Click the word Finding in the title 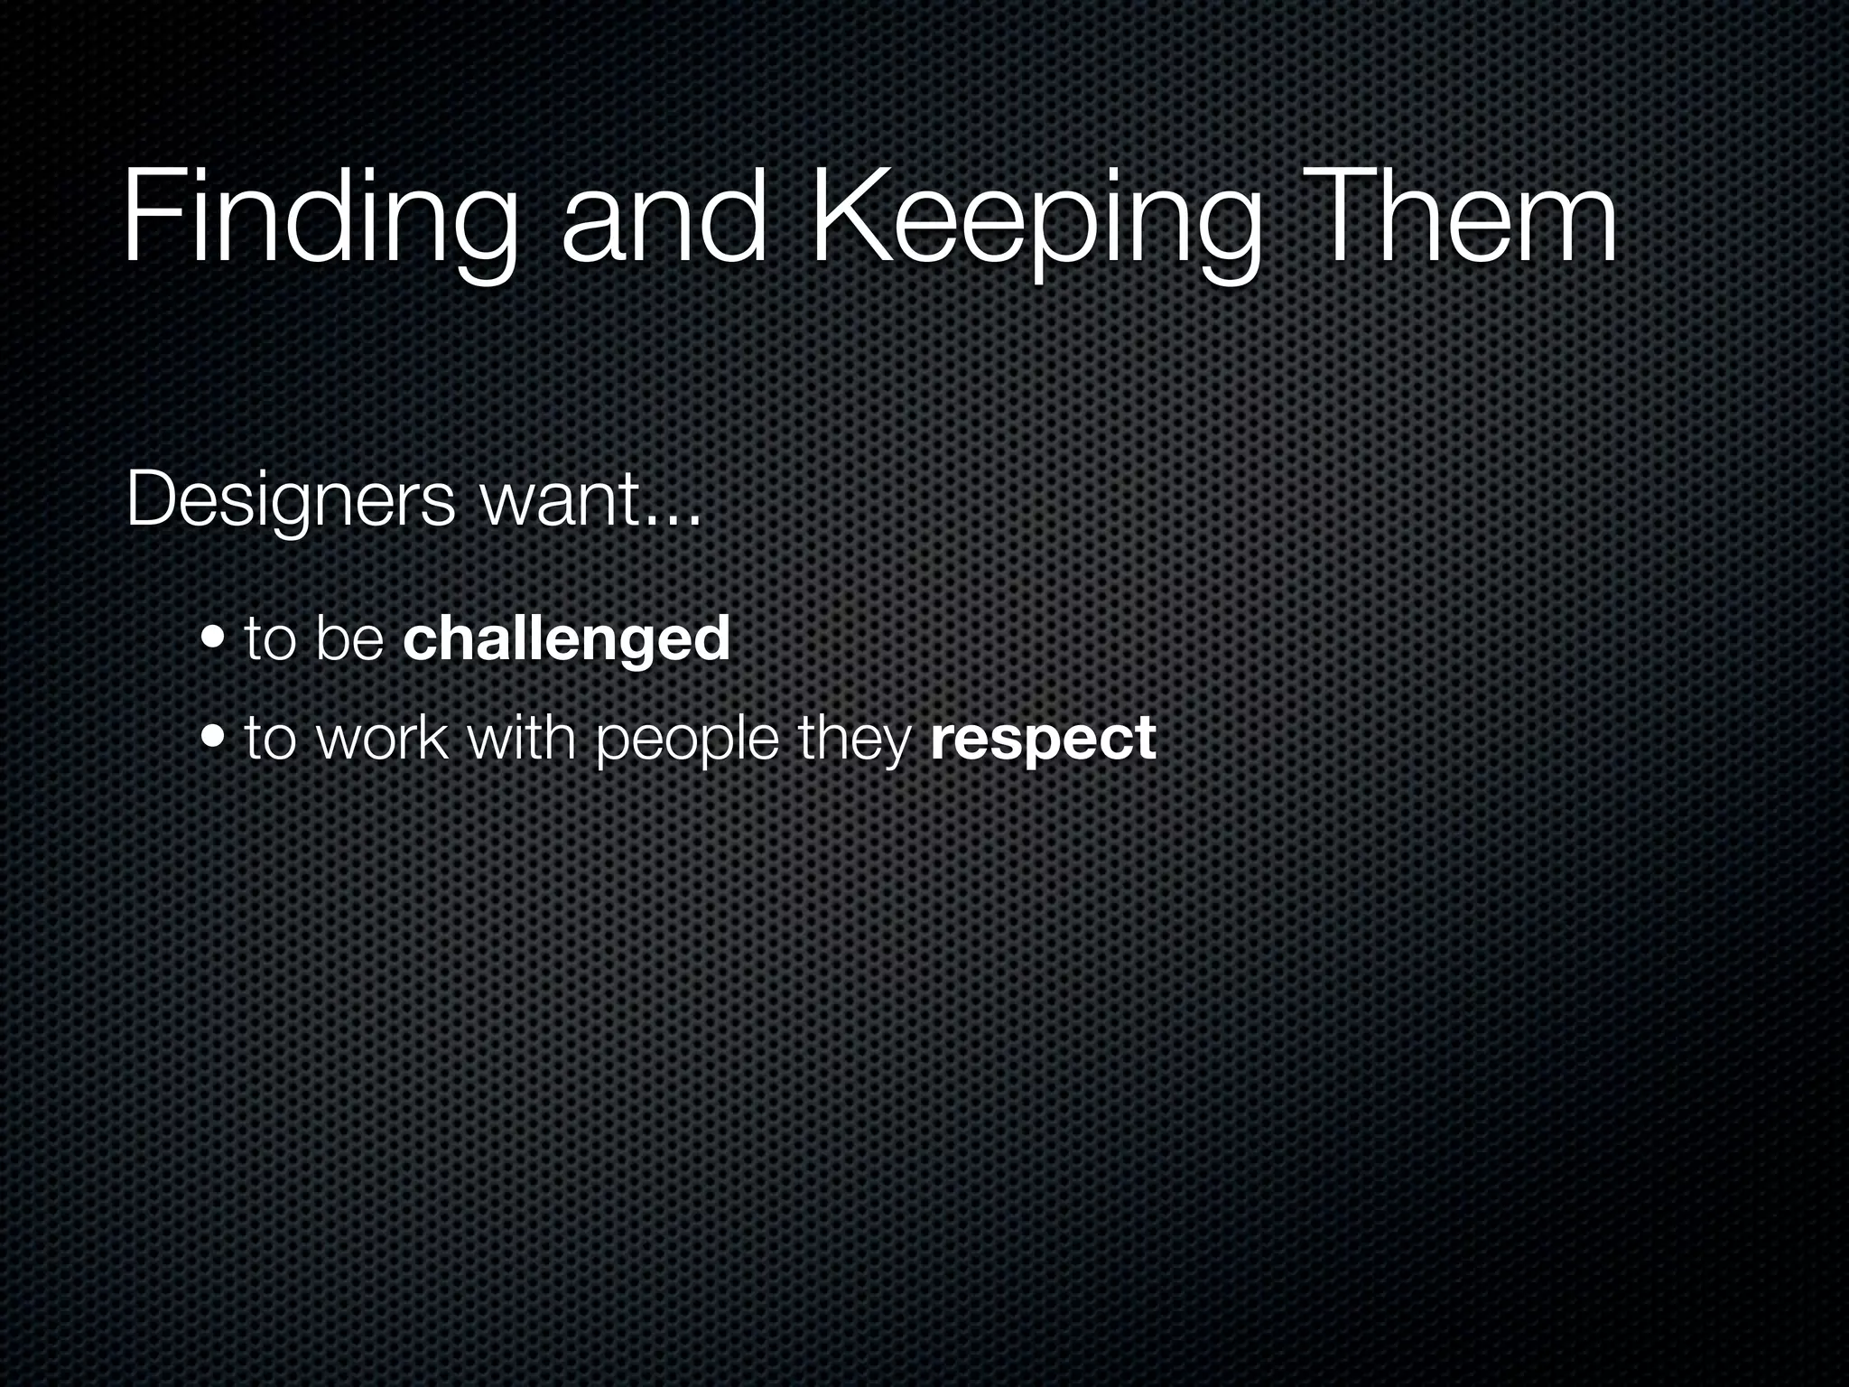coord(320,221)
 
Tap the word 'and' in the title coord(664,221)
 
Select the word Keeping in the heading coord(1035,221)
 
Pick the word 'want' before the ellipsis coord(561,502)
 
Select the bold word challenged coord(566,638)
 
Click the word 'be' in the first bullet coord(350,638)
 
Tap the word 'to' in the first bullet coord(271,638)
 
